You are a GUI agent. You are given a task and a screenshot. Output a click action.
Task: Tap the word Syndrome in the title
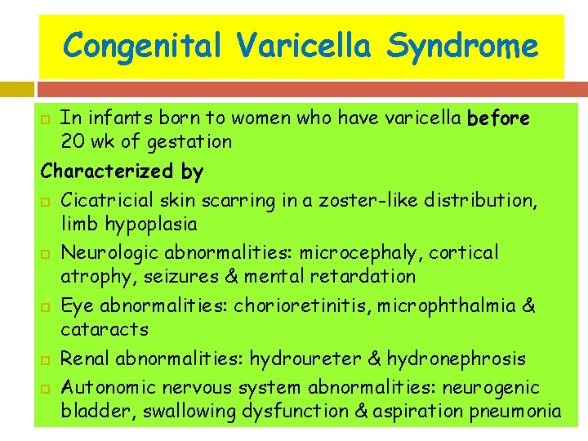click(x=463, y=46)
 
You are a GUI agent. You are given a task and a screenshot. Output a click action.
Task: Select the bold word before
click(x=498, y=118)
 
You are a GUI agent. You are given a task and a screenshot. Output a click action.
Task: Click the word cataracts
click(x=105, y=330)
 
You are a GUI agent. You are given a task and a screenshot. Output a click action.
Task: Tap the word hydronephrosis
click(x=457, y=359)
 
